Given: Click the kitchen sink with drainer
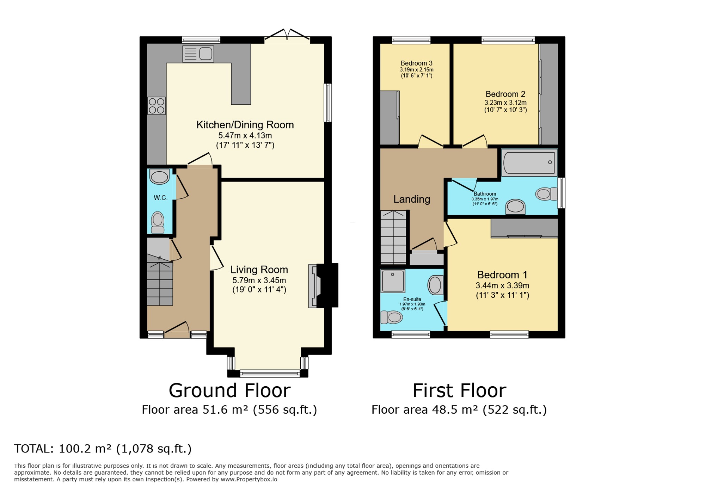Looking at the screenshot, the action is pos(198,54).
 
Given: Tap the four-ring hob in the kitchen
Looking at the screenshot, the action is pos(157,106).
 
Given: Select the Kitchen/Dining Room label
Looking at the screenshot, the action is pos(245,125).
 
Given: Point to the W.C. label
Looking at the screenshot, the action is pos(160,198).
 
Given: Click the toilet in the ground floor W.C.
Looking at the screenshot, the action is pos(158,222).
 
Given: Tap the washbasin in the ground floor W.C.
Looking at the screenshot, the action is pos(159,177).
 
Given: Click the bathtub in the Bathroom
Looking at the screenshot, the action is pos(529,162).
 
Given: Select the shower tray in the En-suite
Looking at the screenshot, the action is pos(393,281).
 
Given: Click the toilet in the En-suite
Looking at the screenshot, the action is pos(392,317).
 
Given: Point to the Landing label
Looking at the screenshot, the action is pos(412,199).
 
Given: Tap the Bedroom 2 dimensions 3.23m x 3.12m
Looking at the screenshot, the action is pos(505,103).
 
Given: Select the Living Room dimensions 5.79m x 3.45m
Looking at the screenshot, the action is pos(259,281).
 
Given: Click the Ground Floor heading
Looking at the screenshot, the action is pos(230,390).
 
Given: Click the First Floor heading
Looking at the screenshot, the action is pos(459,390).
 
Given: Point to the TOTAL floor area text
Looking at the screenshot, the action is pos(103,449).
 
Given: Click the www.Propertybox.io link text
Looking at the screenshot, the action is pos(249,479).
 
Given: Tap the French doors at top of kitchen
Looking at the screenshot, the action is pos(287,34).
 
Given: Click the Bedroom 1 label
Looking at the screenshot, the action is pos(502,275).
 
